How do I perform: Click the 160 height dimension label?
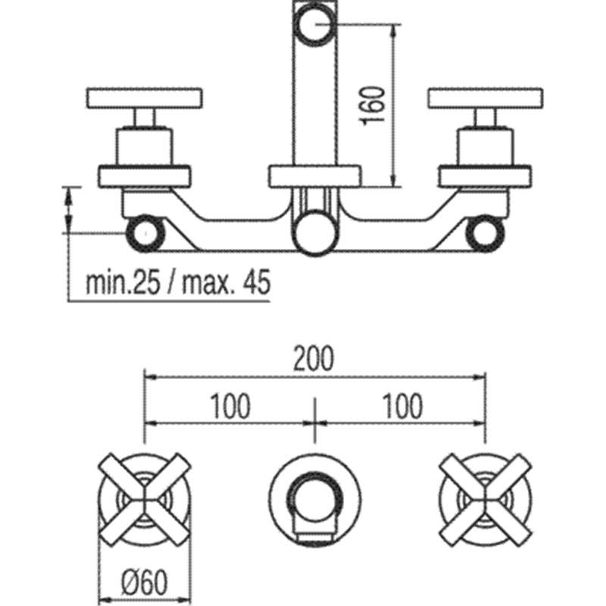pos(373,105)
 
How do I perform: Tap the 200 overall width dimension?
pos(314,358)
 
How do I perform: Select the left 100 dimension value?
pos(230,407)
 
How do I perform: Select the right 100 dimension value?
pos(402,407)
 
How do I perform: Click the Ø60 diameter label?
pos(145,583)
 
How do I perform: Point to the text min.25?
pos(123,283)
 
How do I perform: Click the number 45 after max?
pos(256,283)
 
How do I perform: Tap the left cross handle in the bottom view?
pos(145,499)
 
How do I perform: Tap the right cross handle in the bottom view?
pos(486,499)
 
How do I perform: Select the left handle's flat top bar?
pos(145,98)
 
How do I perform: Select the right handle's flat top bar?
pos(486,98)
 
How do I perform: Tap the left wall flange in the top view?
pos(145,176)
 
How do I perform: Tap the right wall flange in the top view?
pos(485,176)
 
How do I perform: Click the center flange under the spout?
pos(315,176)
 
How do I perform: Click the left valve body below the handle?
pos(145,147)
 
